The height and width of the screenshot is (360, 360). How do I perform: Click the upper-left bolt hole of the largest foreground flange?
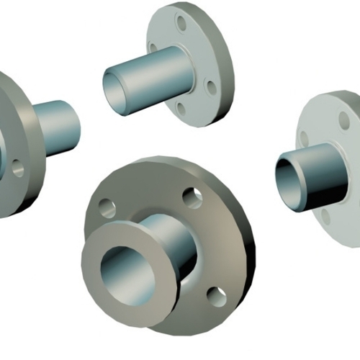coord(107,208)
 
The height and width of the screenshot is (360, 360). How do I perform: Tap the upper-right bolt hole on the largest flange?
coord(192,197)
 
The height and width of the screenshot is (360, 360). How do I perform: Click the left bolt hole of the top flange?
coord(153,49)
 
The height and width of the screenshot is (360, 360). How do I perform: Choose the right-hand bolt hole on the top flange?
coord(210,87)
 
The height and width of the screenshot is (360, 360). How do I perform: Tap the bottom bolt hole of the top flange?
coord(180,109)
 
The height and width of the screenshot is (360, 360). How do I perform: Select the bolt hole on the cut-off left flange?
coord(17,169)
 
